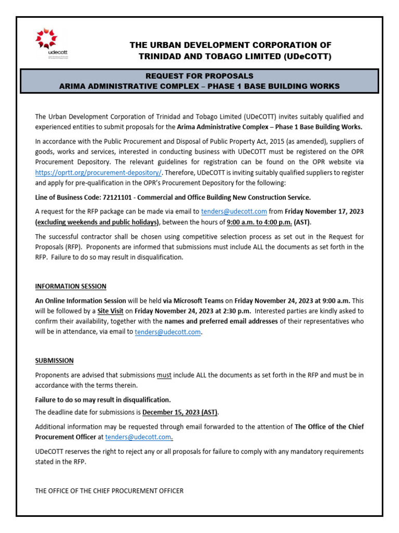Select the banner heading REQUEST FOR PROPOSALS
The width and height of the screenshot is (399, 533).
199,76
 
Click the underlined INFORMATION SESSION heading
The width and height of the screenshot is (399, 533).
71,286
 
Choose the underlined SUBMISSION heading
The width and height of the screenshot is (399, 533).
54,360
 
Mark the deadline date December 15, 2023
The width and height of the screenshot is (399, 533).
180,412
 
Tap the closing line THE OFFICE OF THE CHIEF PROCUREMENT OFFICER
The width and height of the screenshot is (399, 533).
109,491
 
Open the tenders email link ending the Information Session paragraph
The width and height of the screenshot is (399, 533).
167,332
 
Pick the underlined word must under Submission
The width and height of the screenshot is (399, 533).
164,375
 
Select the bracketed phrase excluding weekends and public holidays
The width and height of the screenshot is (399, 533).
96,222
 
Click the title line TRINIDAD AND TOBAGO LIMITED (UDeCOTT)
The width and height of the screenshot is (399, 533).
234,56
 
